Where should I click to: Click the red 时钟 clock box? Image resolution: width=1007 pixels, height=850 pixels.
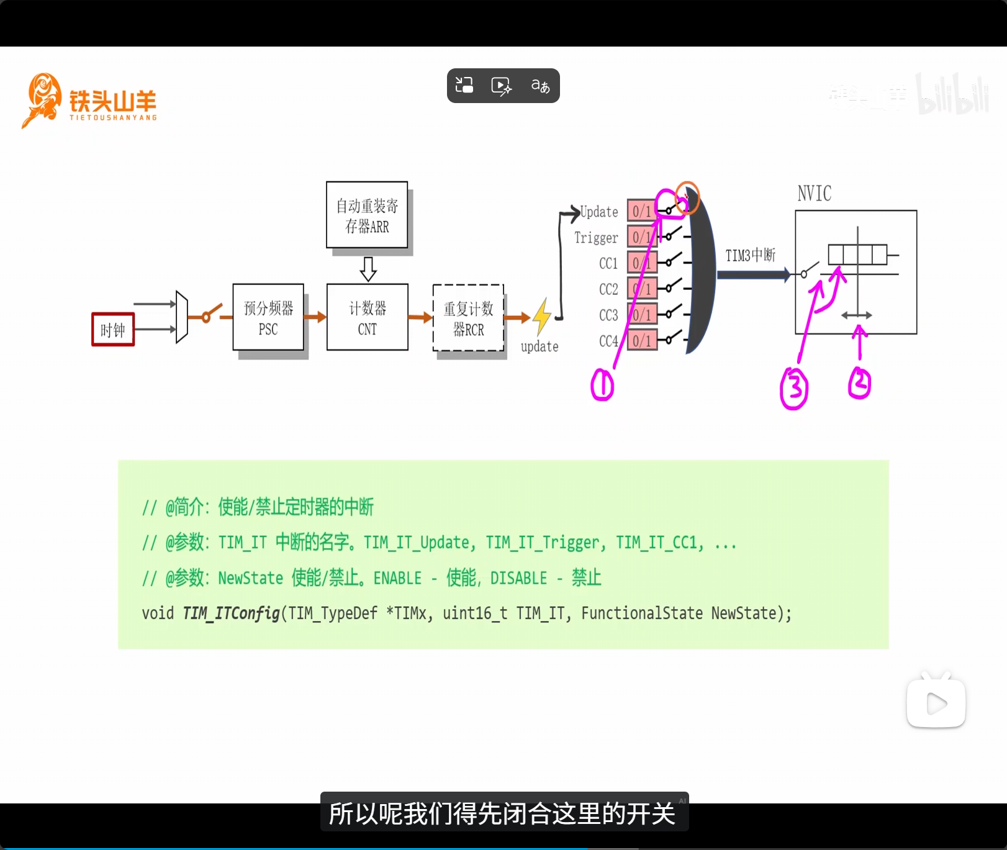coord(113,330)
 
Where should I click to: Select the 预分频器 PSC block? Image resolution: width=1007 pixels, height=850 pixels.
coord(268,318)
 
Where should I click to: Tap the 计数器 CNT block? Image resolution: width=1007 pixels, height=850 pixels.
coord(367,318)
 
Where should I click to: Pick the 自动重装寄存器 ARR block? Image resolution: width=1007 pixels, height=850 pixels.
coord(367,215)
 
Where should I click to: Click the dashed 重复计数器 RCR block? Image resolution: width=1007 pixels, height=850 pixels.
coord(468,318)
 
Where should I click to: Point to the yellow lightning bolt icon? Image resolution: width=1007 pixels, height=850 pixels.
coord(542,317)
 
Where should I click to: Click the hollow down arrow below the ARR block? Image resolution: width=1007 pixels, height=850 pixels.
coord(368,269)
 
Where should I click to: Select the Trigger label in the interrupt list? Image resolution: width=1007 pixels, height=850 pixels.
coord(596,238)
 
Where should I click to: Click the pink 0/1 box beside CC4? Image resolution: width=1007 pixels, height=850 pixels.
coord(642,341)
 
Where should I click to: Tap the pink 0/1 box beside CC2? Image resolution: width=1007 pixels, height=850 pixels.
coord(642,289)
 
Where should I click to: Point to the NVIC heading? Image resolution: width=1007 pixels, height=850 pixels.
coord(814,194)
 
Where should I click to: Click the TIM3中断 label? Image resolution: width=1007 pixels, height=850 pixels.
coord(750,255)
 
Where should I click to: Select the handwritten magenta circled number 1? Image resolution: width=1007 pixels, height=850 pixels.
coord(602,385)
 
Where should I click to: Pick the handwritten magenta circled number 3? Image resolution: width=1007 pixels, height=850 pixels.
coord(794,389)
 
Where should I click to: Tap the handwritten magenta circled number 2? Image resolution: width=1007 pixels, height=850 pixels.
coord(859,383)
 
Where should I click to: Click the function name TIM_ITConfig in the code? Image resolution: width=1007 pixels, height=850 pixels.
coord(231,613)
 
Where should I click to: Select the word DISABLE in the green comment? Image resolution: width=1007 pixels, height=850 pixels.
coord(518,578)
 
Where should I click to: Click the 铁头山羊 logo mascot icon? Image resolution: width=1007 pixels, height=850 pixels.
coord(42,99)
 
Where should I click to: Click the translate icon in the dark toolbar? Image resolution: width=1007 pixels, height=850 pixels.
coord(540,86)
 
